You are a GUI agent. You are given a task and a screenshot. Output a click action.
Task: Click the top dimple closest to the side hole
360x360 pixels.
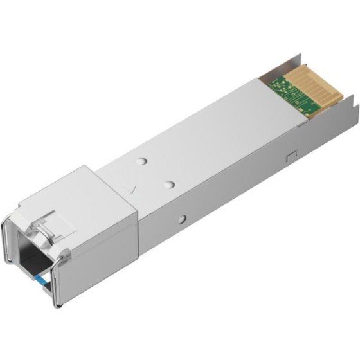(x=169, y=185)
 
